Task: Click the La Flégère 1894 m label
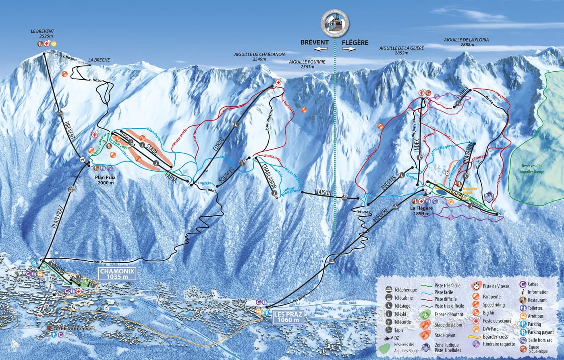coord(421,211)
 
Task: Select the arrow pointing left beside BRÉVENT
coord(321,49)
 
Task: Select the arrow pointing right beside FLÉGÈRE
coord(349,49)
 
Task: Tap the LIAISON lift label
coord(323,194)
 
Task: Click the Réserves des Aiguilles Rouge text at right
coord(527,168)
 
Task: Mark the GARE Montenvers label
coord(73,329)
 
